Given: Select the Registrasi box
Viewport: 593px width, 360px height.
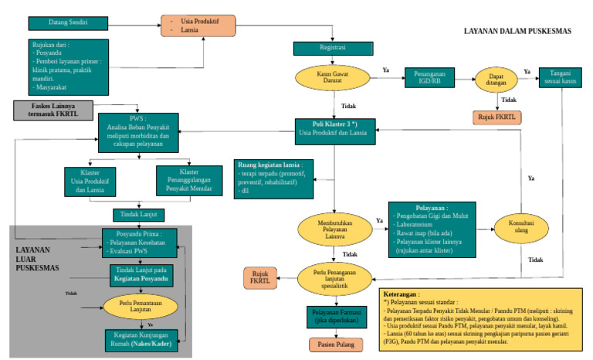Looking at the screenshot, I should coord(334,48).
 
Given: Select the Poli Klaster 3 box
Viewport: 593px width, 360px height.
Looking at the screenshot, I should coord(334,127).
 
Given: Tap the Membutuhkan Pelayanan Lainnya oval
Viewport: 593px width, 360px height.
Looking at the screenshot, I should coord(334,229).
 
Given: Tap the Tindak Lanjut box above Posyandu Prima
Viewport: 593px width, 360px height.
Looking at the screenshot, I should coord(136,214).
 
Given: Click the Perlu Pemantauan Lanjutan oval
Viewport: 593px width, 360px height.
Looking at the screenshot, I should coord(136,304).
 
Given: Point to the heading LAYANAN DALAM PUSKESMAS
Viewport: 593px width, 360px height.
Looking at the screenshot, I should coord(517,32).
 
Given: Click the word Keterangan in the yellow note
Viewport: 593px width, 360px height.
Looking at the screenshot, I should coord(405,294).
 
